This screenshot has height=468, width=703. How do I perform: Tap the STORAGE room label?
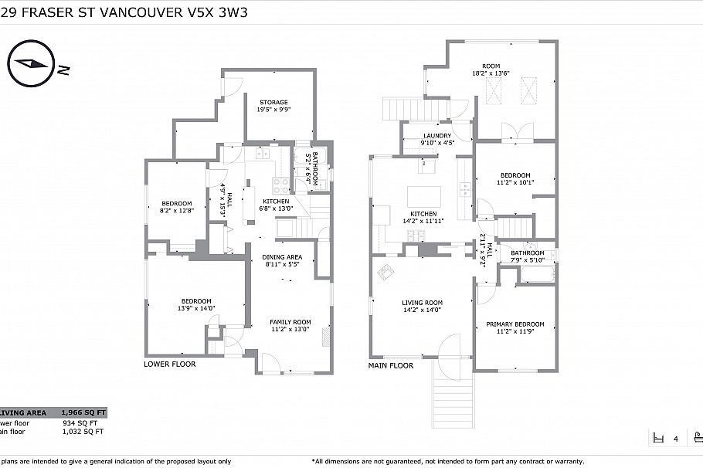click(273, 102)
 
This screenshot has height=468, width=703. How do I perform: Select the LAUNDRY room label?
click(436, 136)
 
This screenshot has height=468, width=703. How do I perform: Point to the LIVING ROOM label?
click(422, 303)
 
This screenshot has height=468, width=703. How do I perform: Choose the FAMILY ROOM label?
click(290, 322)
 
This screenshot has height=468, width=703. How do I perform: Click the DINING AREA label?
click(282, 257)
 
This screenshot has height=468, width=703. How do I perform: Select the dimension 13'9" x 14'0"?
click(196, 308)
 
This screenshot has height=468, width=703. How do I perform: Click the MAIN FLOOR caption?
click(390, 366)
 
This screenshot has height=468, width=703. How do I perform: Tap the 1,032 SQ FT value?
click(80, 432)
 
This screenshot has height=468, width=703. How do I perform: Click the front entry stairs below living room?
click(452, 398)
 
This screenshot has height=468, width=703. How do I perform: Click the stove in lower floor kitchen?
click(280, 185)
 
